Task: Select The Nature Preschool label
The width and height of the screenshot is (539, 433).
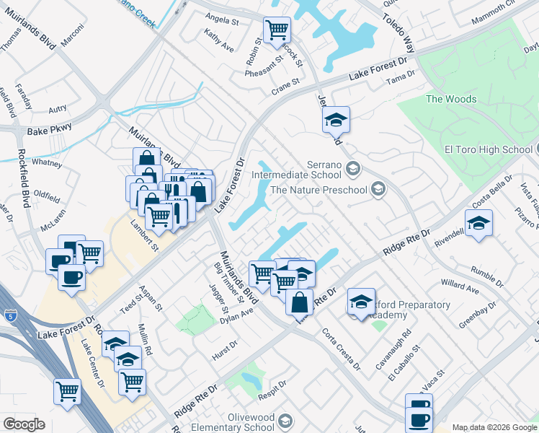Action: pos(318,190)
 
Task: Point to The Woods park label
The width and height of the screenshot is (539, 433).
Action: pos(451,99)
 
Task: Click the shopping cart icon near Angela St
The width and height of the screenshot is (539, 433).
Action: pos(277,30)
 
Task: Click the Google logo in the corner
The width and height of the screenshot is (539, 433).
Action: pos(24,424)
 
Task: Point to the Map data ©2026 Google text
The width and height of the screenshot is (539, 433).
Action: pos(494,427)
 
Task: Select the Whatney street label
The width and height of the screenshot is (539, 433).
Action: pos(47,163)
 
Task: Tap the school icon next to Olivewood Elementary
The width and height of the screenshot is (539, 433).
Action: pos(286,421)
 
